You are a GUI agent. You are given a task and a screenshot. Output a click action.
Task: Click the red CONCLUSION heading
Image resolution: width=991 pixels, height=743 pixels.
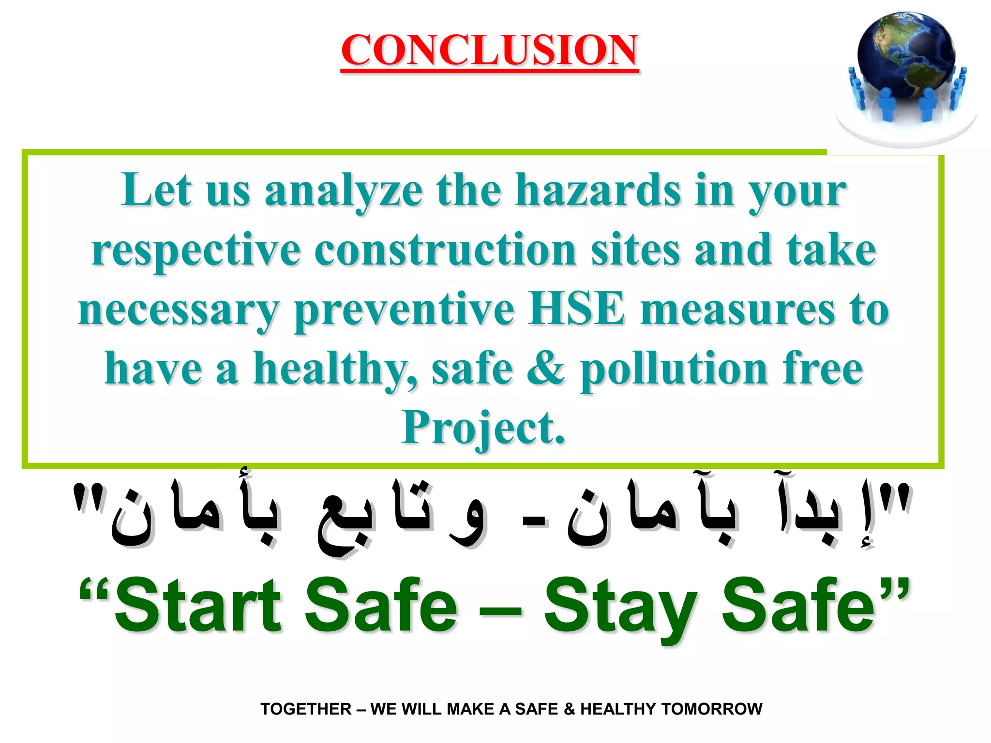point(489,50)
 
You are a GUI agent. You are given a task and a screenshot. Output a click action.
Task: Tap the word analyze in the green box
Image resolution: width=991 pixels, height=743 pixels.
point(344,191)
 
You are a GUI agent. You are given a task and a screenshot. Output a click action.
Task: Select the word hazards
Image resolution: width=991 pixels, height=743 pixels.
point(598,191)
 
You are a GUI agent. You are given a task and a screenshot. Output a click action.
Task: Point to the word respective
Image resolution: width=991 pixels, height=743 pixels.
point(196,250)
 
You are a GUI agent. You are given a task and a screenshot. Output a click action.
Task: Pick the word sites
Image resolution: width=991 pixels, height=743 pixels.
point(635,250)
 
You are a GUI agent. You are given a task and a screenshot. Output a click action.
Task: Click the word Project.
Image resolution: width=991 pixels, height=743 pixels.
point(483,428)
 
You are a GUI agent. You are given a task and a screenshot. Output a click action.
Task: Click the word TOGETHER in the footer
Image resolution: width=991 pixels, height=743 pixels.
point(306,709)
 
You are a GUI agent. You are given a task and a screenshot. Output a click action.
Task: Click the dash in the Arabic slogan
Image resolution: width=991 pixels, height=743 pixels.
point(534,521)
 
